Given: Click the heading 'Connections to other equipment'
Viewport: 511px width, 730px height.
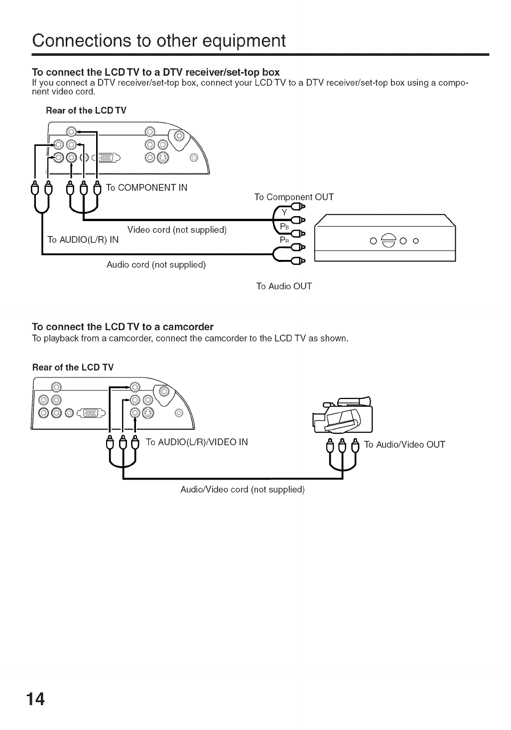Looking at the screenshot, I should click(158, 40).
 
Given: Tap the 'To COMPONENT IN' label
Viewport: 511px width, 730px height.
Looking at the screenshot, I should click(147, 188).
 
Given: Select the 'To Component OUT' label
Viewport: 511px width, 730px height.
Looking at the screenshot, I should click(294, 197).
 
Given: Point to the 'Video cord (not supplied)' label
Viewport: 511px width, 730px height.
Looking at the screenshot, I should click(177, 230).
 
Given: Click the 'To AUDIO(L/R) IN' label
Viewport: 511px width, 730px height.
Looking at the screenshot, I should click(83, 240).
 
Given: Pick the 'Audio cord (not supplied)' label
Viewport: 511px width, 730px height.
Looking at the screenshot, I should click(156, 264).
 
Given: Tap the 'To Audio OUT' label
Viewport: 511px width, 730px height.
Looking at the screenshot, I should click(284, 286).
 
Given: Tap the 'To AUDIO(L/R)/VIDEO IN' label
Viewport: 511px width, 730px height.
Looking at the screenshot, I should click(197, 442).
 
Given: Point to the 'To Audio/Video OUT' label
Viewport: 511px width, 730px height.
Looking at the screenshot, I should click(405, 445).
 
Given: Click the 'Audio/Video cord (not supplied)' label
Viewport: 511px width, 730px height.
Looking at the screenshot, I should click(242, 489).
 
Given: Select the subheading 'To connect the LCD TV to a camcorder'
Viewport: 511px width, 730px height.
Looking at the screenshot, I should click(123, 327).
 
